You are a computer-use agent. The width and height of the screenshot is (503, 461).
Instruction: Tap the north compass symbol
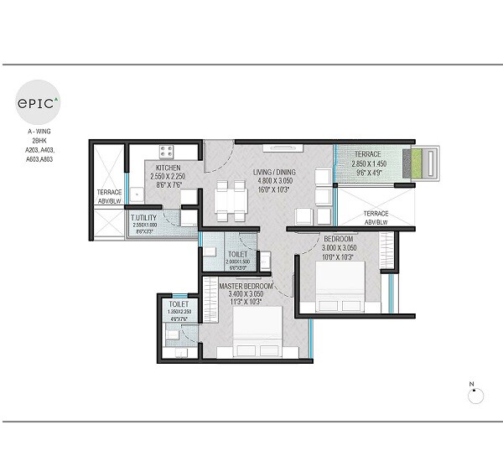tap(472, 395)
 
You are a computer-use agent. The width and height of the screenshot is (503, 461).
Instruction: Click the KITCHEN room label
tap(168, 168)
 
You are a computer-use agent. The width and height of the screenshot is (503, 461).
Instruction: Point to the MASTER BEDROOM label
tap(247, 287)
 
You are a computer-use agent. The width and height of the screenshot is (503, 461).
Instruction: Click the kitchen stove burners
tap(166, 153)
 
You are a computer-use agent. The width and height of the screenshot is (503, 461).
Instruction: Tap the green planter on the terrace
tap(413, 164)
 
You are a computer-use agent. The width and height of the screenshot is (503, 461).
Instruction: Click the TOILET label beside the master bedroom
tap(179, 305)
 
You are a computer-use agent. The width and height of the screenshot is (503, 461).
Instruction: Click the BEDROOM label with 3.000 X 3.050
tap(339, 239)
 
